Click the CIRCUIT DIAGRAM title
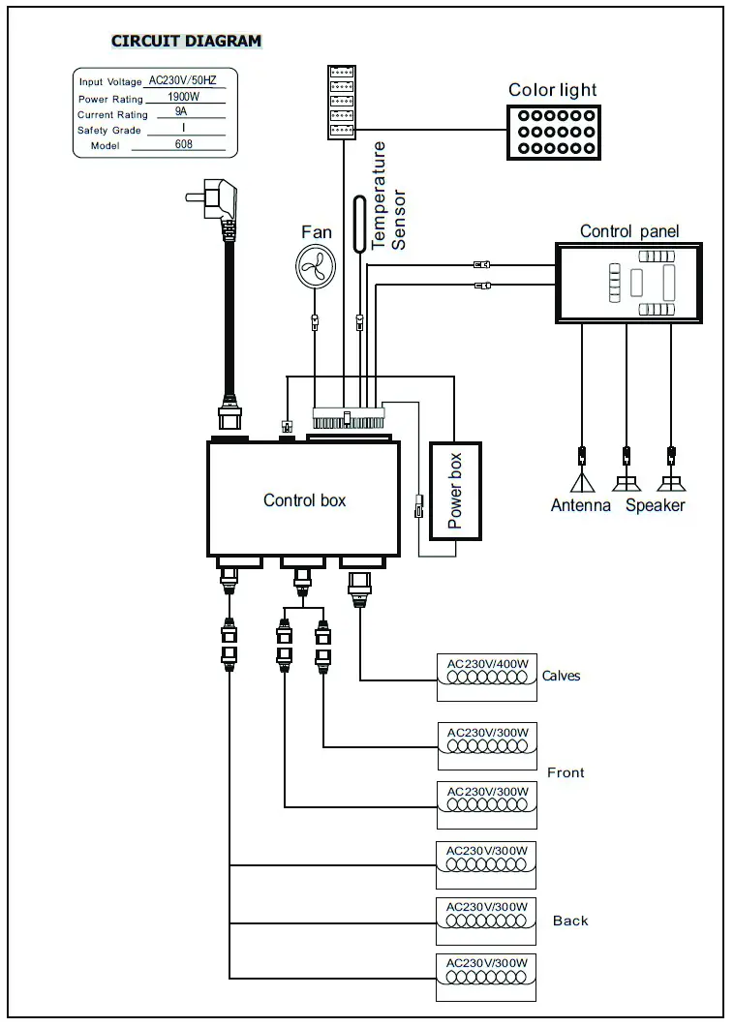186,41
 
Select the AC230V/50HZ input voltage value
184,81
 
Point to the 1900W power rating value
183,98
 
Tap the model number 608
183,144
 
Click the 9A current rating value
181,113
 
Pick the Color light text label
553,90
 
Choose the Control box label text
304,500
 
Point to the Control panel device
628,283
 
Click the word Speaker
655,505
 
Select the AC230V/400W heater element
487,678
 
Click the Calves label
562,676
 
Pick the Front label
566,772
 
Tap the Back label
570,921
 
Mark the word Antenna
581,505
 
